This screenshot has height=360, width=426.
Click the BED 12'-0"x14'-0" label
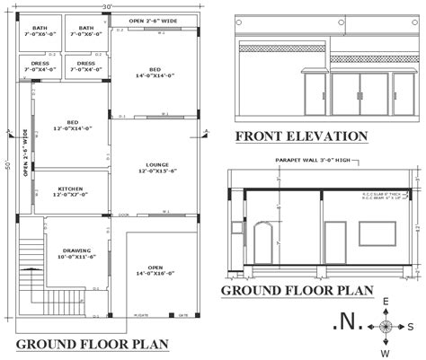[71, 125]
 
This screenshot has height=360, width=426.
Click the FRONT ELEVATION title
[301, 136]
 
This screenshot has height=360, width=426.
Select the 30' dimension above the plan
[107, 7]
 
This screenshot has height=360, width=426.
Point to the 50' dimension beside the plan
[6, 167]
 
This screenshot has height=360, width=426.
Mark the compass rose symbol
[386, 327]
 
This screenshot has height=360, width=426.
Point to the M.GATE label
[140, 315]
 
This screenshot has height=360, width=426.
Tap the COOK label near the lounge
[124, 215]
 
